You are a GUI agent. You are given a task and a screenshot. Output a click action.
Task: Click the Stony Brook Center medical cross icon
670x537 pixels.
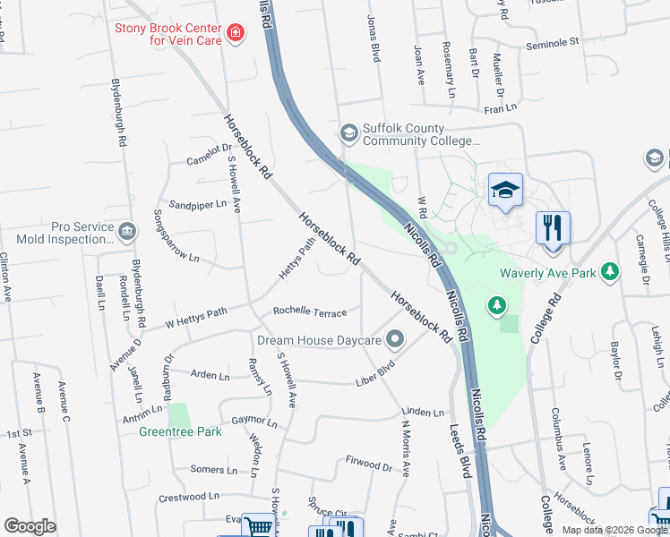point(236,34)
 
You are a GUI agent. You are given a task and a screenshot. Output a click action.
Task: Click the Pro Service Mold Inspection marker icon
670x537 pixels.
point(127,233)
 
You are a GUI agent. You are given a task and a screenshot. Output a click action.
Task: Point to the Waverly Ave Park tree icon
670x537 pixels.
point(610,269)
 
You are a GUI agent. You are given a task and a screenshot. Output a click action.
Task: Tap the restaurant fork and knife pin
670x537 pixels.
point(553,227)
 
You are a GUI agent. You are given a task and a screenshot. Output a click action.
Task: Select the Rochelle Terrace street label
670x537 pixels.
point(309,311)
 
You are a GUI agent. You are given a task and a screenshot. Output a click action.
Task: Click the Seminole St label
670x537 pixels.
point(553,42)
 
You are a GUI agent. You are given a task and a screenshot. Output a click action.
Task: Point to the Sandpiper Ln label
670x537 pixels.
point(198,204)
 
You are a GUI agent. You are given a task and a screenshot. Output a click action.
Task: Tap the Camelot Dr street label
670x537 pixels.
point(209,155)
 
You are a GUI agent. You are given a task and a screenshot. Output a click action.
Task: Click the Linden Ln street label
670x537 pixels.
point(423,412)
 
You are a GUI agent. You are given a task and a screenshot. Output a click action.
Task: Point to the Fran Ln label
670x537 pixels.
point(501,108)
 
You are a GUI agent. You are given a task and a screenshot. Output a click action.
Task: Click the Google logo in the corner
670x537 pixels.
point(30,526)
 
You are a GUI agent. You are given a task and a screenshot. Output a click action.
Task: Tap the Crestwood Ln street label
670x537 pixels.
point(189,495)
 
